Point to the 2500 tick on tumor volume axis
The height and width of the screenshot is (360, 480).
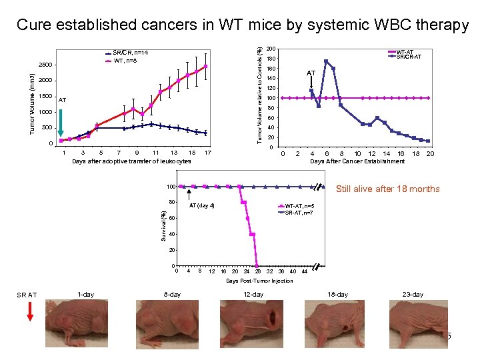coord(45,65)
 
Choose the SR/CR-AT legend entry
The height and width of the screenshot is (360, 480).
coord(408,57)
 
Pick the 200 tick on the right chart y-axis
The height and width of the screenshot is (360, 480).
coord(271,49)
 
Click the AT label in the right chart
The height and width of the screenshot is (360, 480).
coord(311,72)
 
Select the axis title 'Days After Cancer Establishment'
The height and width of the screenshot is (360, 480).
coord(357,161)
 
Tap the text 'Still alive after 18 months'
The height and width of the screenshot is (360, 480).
coord(388,189)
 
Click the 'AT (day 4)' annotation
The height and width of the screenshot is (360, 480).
coord(201,205)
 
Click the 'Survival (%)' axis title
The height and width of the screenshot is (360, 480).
coord(163,227)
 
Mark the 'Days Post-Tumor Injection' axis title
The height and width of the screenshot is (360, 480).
coord(259,281)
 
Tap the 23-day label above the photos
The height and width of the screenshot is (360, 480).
coord(413,295)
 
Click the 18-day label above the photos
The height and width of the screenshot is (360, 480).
coord(337,295)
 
